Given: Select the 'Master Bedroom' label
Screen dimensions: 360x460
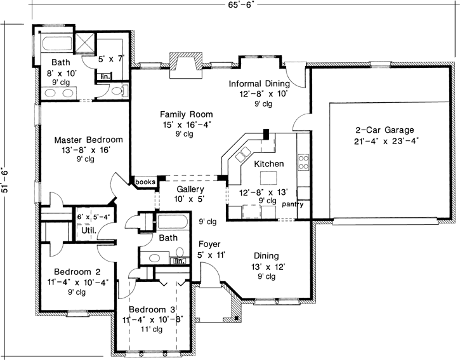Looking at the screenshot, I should tap(88, 140).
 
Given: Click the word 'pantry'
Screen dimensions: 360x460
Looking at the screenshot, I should tap(293, 204).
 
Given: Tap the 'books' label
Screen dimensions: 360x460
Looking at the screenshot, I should tap(145, 182).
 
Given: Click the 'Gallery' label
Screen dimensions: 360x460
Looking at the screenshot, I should tap(190, 189).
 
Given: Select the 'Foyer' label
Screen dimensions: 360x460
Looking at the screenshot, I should tap(209, 244).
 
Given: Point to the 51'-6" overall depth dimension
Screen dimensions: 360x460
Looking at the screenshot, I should tap(6, 179).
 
